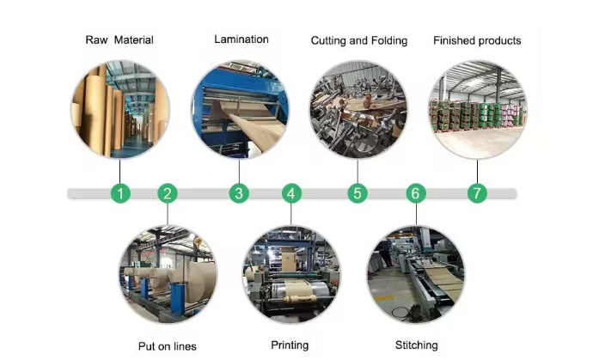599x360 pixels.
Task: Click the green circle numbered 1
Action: (x=121, y=193)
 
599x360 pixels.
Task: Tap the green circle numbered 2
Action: (x=168, y=193)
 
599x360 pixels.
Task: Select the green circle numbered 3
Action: (x=239, y=193)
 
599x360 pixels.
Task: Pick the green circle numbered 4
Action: (x=292, y=193)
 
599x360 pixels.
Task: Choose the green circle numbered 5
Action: (x=358, y=193)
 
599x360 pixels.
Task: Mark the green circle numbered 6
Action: (x=416, y=193)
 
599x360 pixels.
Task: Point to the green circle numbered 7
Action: (x=478, y=193)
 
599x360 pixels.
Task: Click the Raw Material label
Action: (x=120, y=40)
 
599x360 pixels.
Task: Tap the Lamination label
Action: (x=241, y=39)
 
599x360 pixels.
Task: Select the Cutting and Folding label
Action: (x=358, y=40)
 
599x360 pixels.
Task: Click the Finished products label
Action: (x=477, y=40)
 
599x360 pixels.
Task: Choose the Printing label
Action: (x=290, y=345)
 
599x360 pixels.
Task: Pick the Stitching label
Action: (x=417, y=345)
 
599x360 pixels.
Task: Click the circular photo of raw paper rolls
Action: (x=119, y=109)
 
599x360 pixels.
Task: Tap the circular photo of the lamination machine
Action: (x=240, y=108)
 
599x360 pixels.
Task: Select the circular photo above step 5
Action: (x=358, y=109)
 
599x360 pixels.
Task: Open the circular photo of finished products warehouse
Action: (x=477, y=109)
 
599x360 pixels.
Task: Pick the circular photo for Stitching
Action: (x=415, y=275)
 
